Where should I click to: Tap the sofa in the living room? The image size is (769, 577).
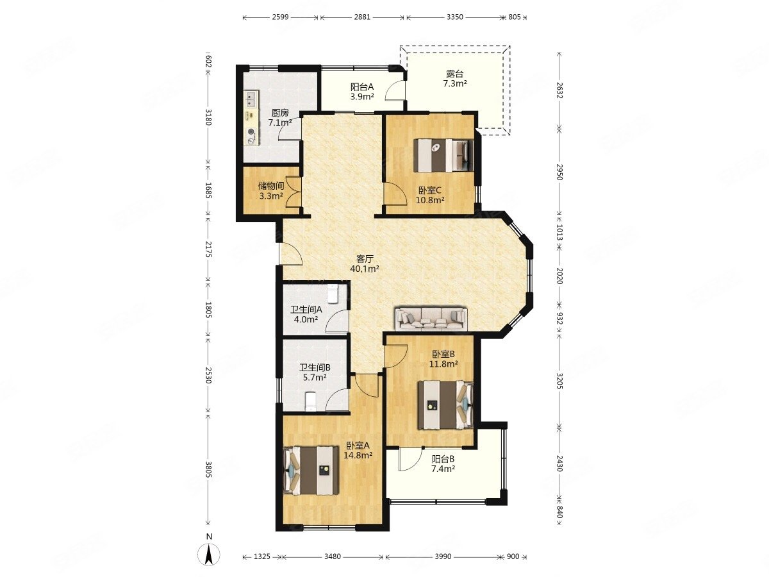point(431,318)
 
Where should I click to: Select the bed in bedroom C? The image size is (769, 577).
point(443,155)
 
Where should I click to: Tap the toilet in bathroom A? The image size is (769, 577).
point(333,294)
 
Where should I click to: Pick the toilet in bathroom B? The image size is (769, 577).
point(311,401)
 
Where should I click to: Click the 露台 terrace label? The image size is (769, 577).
point(455,74)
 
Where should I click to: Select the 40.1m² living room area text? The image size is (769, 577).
point(365,269)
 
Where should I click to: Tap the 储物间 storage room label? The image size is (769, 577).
point(271,186)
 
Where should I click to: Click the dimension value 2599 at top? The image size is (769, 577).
point(280,17)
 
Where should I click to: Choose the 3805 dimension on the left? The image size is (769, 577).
point(208,470)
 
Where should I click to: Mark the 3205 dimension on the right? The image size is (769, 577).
point(559,380)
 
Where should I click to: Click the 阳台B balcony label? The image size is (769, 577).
point(443,459)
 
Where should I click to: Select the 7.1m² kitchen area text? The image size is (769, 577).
point(280,122)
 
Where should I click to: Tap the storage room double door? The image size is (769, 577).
point(294,192)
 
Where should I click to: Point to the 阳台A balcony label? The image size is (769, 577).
point(362,87)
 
